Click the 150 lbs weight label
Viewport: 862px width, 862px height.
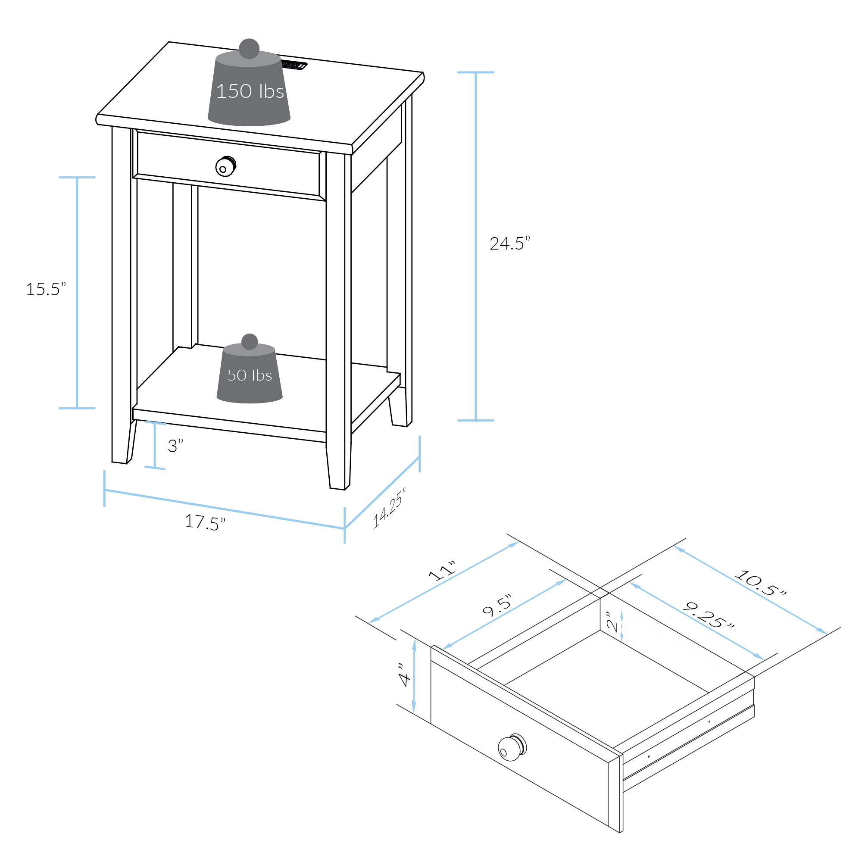250,91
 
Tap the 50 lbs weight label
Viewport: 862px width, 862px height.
250,375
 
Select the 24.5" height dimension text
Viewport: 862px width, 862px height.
510,243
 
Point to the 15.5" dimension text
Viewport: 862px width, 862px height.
46,289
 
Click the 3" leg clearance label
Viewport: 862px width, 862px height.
175,445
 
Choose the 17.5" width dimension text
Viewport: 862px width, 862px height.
205,522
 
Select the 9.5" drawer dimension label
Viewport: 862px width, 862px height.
497,606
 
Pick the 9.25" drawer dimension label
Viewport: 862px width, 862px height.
709,615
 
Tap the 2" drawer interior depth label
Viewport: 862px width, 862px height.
612,622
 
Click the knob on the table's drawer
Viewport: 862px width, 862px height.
226,166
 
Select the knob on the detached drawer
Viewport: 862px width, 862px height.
512,747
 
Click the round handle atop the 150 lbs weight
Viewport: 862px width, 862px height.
249,49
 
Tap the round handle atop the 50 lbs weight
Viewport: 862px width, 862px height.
250,342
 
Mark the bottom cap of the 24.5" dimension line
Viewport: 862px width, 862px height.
476,420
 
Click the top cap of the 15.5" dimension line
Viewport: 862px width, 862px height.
77,177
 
